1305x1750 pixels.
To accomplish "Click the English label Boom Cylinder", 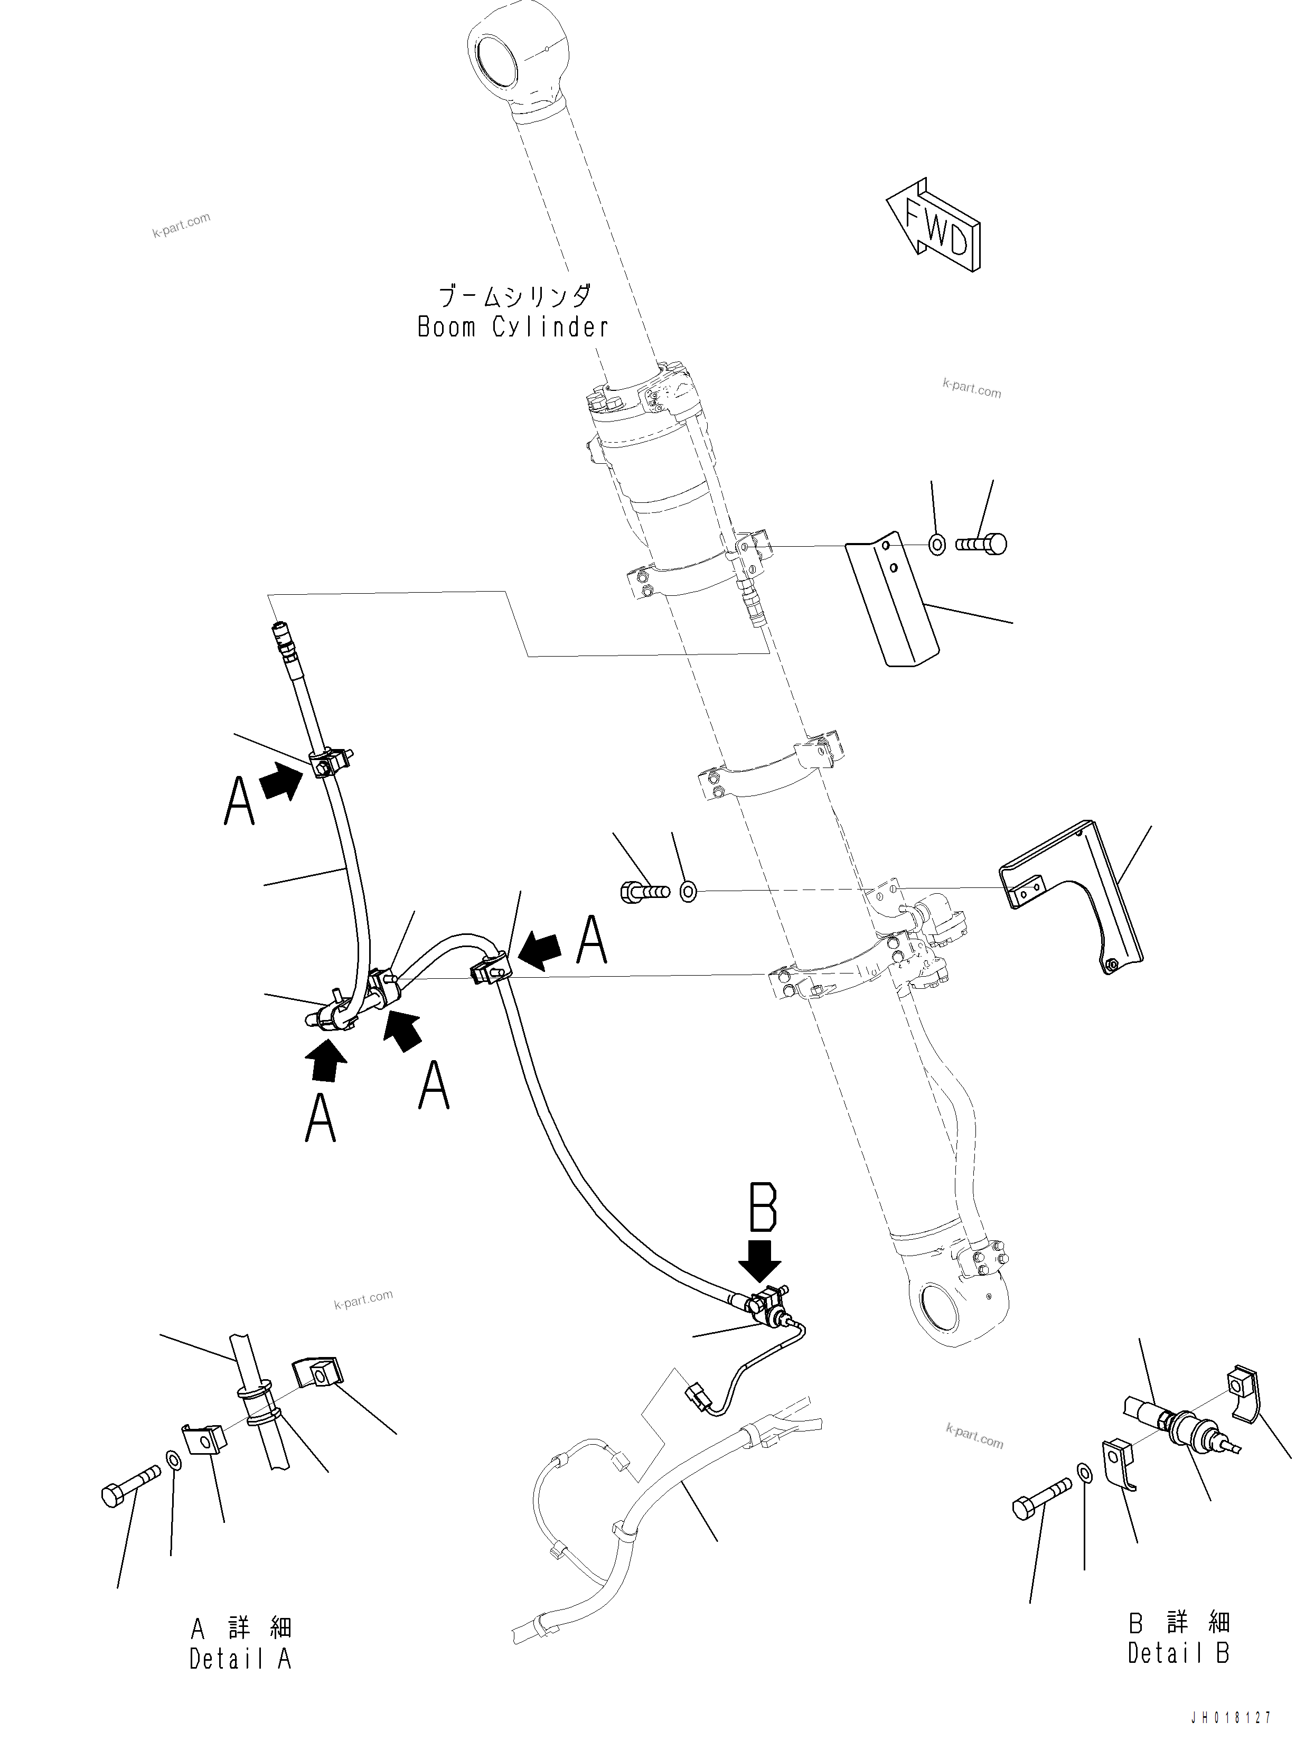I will pos(513,327).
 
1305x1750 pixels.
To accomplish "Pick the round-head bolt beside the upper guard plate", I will pos(981,544).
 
